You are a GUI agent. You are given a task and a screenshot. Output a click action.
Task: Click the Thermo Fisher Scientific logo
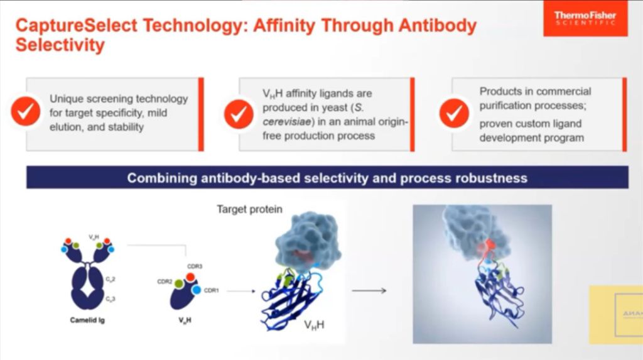[585, 19]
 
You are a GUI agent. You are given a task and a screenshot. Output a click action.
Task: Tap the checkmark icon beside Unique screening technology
[26, 112]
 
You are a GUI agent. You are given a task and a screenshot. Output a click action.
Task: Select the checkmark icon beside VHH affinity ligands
[239, 114]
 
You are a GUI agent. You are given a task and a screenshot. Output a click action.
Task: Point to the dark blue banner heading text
[327, 178]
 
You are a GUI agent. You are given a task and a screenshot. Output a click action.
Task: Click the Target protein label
[249, 209]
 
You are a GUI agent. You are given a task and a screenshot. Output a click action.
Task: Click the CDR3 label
[194, 266]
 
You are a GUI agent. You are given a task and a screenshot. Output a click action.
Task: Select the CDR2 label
[165, 281]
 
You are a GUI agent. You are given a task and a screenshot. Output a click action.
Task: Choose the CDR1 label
[211, 290]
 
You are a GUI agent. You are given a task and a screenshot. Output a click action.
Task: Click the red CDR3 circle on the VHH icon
[190, 277]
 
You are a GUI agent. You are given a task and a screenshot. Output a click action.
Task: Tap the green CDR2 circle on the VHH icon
[179, 284]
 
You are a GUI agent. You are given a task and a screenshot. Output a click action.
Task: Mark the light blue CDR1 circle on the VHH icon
[197, 290]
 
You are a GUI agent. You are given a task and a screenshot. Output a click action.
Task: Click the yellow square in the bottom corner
[615, 314]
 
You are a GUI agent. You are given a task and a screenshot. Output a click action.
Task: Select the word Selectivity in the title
[60, 45]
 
